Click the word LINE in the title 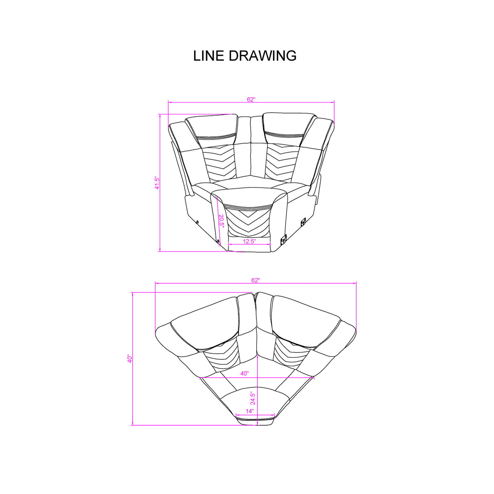pos(209,56)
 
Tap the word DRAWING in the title pos(263,56)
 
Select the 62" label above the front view pos(251,99)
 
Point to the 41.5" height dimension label pos(157,183)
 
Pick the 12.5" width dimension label pos(249,241)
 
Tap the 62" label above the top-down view pos(255,280)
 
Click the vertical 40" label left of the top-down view pos(129,359)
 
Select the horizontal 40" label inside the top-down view pos(244,373)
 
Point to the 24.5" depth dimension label pos(252,398)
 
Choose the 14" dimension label pos(249,411)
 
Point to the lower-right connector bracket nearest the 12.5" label pos(283,240)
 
